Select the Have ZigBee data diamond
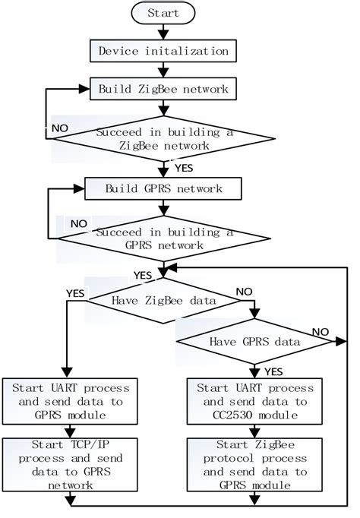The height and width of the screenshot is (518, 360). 164,301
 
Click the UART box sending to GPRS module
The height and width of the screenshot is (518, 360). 71,401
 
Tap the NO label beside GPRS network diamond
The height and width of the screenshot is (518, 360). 77,225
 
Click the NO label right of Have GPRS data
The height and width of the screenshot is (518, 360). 319,332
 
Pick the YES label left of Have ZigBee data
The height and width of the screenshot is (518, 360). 74,291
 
